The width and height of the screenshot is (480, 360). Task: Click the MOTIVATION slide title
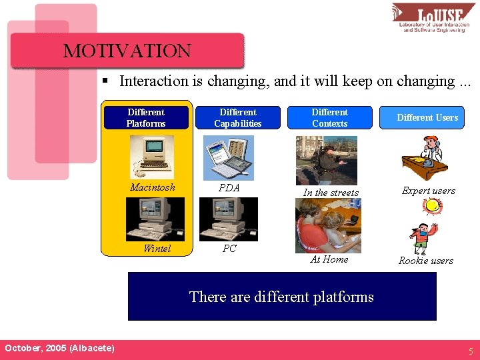pos(127,51)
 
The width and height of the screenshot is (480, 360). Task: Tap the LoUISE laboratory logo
pos(433,18)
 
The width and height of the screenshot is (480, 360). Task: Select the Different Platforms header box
pos(146,118)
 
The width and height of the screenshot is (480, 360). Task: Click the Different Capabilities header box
pos(237,118)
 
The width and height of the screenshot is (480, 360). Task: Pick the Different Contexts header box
pos(329,118)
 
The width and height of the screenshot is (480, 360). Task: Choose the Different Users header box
pos(427,118)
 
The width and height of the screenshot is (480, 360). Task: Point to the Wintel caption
pos(157,249)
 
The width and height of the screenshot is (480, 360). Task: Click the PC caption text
pos(229,249)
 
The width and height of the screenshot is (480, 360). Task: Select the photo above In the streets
pos(326,161)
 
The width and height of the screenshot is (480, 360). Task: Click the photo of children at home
pos(328,226)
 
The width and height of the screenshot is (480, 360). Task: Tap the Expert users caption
pos(428,191)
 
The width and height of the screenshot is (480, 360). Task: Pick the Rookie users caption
pos(426,261)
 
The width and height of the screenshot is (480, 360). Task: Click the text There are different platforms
pos(281,297)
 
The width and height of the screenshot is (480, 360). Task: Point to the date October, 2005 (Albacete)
pos(59,349)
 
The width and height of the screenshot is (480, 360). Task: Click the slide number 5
pos(470,351)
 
